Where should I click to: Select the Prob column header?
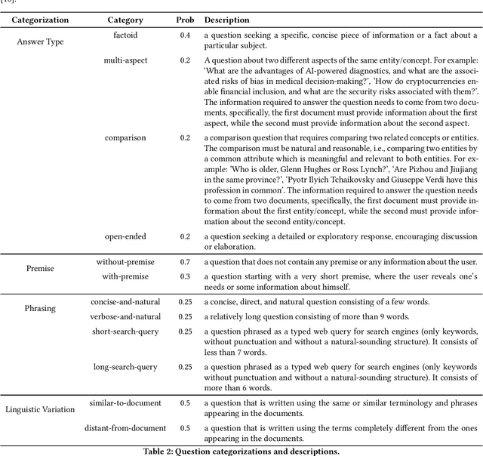point(185,20)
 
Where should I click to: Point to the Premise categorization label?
point(40,268)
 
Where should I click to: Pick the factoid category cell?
point(125,35)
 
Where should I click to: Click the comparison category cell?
point(125,138)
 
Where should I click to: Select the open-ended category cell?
point(125,236)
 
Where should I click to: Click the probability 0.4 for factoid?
point(185,35)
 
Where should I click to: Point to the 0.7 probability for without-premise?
point(185,262)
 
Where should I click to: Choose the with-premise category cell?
point(125,276)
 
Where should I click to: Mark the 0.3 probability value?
point(185,276)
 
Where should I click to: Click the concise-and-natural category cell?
point(125,302)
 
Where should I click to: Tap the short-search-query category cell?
point(125,331)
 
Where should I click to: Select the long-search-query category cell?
point(125,367)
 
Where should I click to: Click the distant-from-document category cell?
point(125,428)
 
